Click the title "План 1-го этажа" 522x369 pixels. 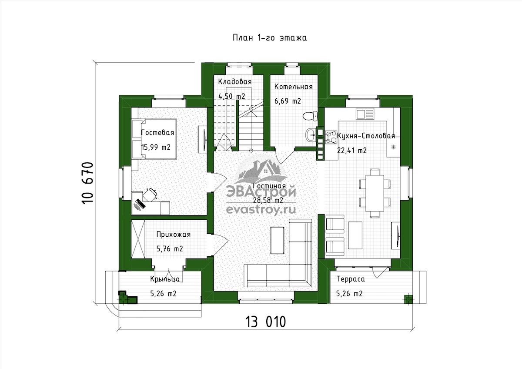[270, 38]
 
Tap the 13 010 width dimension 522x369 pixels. [265, 322]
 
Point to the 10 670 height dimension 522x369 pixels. [87, 183]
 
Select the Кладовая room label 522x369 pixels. [234, 81]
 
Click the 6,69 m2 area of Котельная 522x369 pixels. [288, 101]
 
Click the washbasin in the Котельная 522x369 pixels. [311, 134]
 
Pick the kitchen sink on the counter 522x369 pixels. [365, 114]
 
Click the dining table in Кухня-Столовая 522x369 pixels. [375, 193]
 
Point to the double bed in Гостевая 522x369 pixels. [154, 139]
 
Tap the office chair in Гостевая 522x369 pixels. [150, 195]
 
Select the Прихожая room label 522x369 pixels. [174, 234]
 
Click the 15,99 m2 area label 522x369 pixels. [156, 148]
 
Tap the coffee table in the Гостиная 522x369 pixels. [278, 240]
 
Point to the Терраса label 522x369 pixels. [351, 279]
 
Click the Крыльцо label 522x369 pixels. [165, 279]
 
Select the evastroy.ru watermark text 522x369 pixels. [261, 210]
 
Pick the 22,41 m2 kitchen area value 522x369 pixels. [352, 151]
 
